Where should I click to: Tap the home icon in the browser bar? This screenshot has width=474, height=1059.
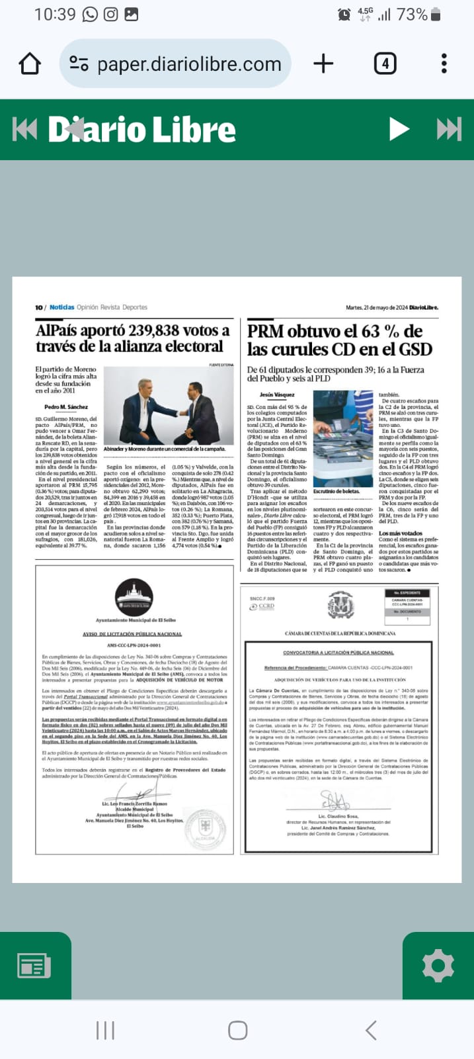tap(30, 64)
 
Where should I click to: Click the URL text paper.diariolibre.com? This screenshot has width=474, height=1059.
tap(189, 64)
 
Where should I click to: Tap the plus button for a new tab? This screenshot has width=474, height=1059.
tap(323, 64)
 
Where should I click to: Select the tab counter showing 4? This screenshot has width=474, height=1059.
tap(385, 64)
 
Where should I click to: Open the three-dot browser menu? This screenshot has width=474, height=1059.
tap(444, 64)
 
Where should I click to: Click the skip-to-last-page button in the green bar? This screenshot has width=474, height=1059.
tap(449, 129)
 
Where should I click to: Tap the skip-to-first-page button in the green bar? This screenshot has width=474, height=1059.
tap(25, 129)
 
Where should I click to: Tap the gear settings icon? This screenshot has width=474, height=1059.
tap(438, 966)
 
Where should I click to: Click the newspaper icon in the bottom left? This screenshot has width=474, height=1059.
tap(34, 966)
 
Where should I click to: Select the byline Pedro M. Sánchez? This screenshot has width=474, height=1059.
tap(66, 407)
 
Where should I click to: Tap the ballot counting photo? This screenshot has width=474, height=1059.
tap(343, 438)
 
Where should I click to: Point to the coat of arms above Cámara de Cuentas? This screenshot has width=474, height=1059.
tap(340, 605)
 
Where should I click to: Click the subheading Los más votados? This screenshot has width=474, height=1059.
tap(401, 533)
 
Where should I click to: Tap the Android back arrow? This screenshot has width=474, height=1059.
tap(371, 1030)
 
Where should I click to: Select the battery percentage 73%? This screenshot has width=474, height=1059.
tap(412, 15)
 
